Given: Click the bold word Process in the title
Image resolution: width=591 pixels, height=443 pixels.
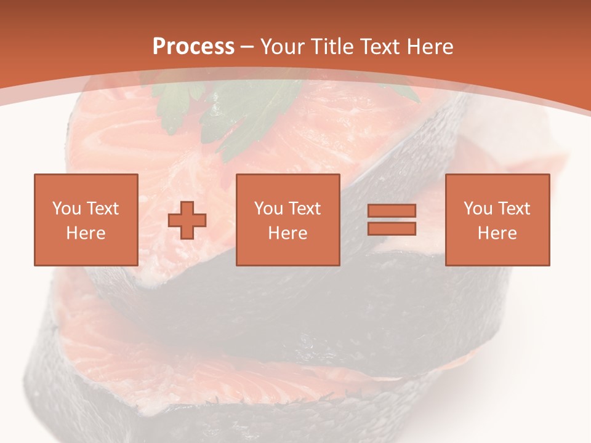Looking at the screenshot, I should [x=193, y=47].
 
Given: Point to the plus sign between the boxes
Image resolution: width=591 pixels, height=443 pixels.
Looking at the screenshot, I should [x=187, y=220].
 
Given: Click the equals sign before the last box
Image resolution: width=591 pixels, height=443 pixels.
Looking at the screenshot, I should [x=392, y=220].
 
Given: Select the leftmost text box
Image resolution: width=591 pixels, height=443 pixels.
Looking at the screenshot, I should [x=86, y=220].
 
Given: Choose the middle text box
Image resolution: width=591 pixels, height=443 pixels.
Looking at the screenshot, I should [x=287, y=220].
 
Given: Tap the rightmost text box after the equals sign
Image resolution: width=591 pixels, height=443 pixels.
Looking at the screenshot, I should [x=497, y=220].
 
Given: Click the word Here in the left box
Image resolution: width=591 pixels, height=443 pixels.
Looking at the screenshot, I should [x=86, y=233].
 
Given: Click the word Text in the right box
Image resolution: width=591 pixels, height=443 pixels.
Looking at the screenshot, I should [x=515, y=209].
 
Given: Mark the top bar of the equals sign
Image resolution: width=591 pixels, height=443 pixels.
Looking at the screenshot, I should [x=392, y=211].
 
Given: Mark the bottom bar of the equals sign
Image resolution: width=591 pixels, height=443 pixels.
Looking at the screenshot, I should [x=392, y=228].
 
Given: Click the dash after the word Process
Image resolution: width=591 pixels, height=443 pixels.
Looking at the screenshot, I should [x=247, y=47].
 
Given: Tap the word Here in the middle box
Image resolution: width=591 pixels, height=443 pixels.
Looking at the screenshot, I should [x=287, y=233].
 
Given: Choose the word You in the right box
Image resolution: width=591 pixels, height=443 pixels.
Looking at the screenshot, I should [x=478, y=209].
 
